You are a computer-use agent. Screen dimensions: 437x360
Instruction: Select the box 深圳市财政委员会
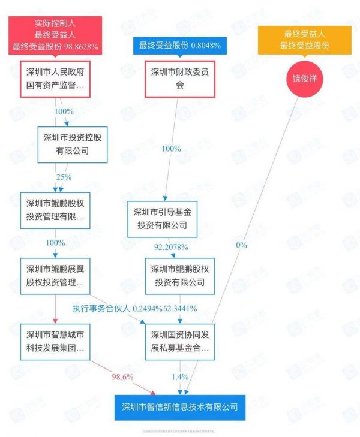coord(180,79)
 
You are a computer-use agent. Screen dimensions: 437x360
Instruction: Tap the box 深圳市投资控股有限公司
coord(72,144)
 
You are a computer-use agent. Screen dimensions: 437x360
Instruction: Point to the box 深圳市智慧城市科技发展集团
coord(55,340)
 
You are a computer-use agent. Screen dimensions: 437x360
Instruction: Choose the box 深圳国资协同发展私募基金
coord(180,340)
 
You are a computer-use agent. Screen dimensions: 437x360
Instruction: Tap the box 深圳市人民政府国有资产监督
coord(55,79)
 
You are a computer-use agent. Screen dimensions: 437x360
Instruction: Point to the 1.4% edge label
coord(180,376)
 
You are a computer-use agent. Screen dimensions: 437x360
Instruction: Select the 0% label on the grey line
coord(241,245)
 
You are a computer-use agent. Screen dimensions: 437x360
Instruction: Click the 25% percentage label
coord(64,177)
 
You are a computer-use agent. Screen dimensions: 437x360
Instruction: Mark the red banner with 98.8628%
coord(55,35)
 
